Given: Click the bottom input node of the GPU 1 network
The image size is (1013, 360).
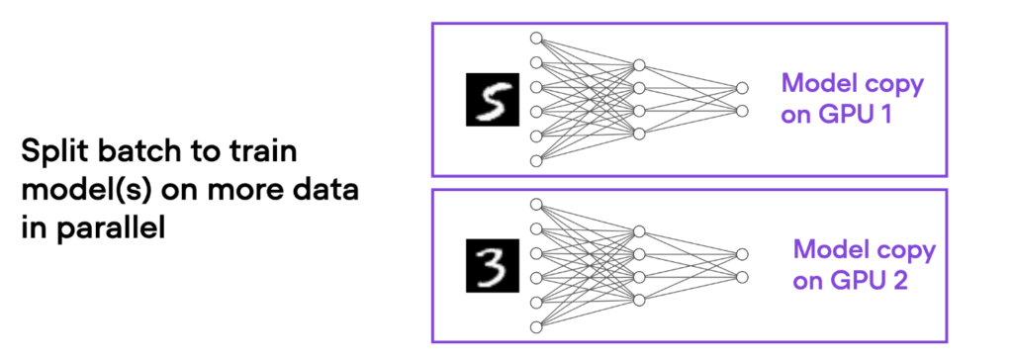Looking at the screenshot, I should coord(537,160).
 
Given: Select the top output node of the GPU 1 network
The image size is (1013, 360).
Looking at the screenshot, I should coord(738,87).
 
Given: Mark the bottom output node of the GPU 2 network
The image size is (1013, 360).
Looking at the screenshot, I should coord(738,277).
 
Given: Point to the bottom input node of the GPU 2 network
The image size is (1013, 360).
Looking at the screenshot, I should coord(537,325).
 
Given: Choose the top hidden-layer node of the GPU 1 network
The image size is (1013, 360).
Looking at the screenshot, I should coord(639,65).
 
